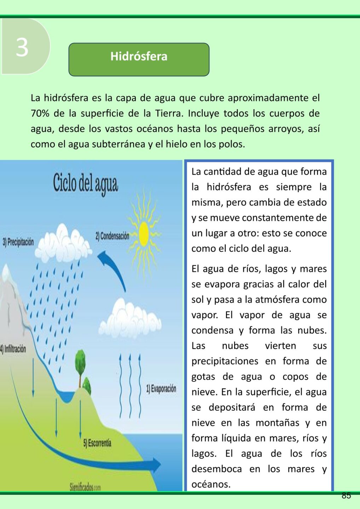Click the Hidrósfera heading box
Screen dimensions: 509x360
click(139, 59)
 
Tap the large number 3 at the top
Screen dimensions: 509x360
click(22, 47)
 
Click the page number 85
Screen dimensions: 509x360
click(346, 496)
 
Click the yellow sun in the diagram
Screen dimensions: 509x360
click(144, 234)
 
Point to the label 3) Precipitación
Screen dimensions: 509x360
click(18, 242)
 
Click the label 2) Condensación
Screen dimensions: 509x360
click(112, 236)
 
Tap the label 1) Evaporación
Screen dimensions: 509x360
click(161, 389)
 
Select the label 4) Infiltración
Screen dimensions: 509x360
click(13, 349)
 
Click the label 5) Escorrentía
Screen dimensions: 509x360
click(97, 443)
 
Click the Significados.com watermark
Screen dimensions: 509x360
click(85, 487)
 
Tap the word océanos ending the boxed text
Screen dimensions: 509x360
click(211, 484)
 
